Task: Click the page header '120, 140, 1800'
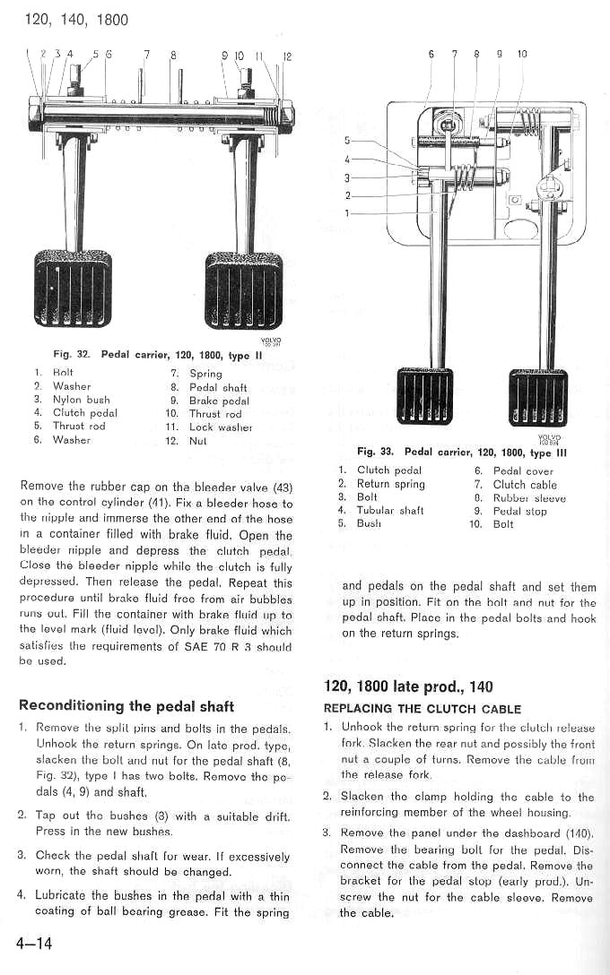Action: point(72,19)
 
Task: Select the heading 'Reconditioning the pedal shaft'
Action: point(126,704)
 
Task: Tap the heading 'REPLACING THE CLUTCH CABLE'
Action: point(422,709)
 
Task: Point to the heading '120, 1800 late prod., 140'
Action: point(408,686)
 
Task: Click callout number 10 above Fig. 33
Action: point(522,54)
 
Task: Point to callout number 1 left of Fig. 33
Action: point(347,213)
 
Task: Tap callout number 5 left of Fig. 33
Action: point(347,141)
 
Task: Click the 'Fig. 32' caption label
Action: point(73,354)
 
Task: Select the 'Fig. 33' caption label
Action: point(376,453)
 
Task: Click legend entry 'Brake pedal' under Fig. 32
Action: point(219,401)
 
